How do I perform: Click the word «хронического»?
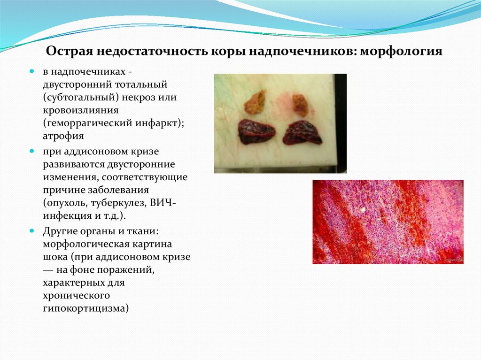[x=77, y=296]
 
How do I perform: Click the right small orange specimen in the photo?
[x=300, y=104]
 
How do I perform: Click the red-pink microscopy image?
[x=388, y=222]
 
